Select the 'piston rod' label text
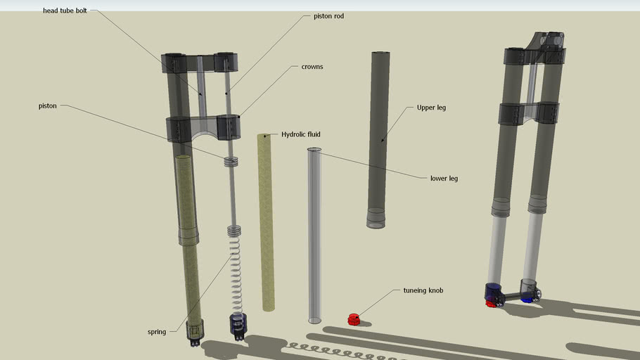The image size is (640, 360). pos(328,15)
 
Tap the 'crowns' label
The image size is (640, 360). pos(312,66)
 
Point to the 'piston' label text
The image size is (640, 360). pos(47,106)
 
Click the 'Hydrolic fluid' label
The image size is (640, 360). pos(300,134)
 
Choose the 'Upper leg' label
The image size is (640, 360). pos(431,108)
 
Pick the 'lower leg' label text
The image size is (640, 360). pos(444,179)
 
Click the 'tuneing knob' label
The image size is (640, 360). pos(423,290)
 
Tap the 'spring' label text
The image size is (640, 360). pos(157,332)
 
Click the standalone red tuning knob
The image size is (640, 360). pos(354,319)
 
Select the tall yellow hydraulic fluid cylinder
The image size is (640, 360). pos(267,221)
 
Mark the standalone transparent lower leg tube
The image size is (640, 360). pos(314,236)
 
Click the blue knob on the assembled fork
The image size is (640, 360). pos(527,298)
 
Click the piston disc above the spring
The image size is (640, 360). pos(231,162)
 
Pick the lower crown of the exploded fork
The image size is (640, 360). pos(203,129)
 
